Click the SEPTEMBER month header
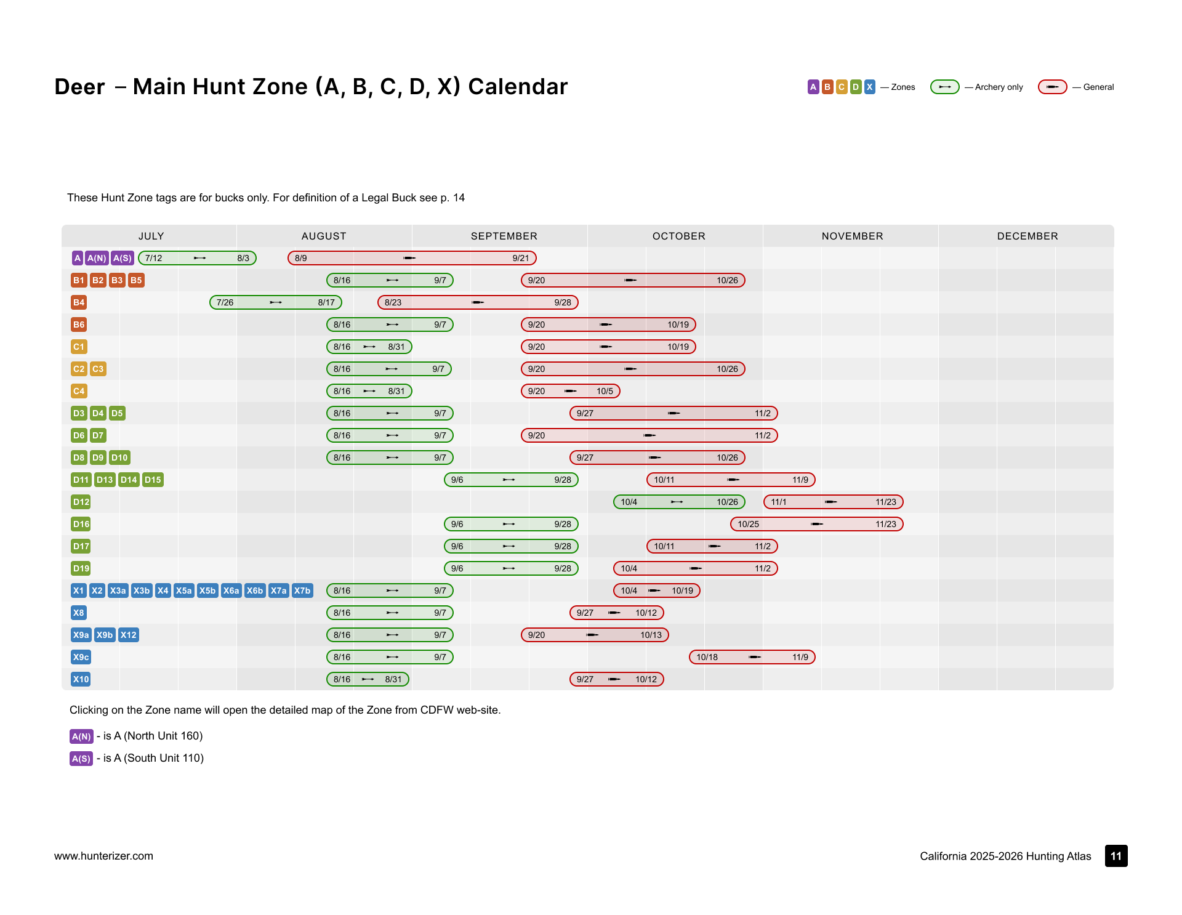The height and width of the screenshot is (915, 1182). [x=504, y=236]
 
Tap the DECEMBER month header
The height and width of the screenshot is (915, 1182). [x=1027, y=236]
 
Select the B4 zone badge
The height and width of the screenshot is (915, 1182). [x=79, y=302]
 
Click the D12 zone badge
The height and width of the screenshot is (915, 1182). [x=81, y=502]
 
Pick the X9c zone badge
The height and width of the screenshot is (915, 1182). [x=81, y=657]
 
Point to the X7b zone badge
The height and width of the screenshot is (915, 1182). [x=302, y=591]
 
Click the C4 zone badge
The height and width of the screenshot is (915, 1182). [x=79, y=391]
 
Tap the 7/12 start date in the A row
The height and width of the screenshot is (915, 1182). [x=153, y=258]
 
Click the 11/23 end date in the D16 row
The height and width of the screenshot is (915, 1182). [x=886, y=524]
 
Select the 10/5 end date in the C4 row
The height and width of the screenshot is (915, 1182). [x=605, y=391]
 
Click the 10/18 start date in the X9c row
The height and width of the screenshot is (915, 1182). [x=707, y=657]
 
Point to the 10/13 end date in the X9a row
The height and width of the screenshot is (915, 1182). [x=651, y=635]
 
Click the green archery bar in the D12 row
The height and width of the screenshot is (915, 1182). [x=679, y=502]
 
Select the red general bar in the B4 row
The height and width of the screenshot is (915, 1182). [x=478, y=302]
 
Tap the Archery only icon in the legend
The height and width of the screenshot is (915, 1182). [x=945, y=87]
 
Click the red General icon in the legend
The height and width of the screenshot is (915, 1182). [x=1053, y=87]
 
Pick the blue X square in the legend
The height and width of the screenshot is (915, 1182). [x=869, y=87]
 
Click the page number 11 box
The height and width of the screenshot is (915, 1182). [x=1116, y=856]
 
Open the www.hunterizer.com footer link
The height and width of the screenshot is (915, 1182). [x=103, y=856]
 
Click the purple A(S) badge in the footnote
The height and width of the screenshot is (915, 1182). [x=81, y=759]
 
